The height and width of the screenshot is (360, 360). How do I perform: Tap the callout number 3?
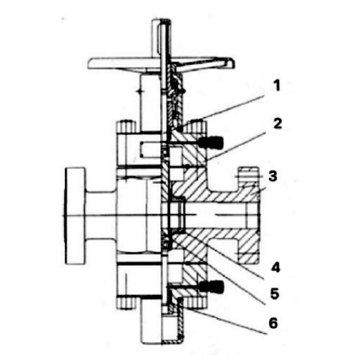click(x=272, y=176)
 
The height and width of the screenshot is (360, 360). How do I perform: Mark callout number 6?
click(x=273, y=323)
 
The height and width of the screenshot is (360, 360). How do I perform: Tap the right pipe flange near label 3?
click(x=247, y=211)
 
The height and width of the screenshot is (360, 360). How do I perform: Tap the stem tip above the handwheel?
click(x=159, y=30)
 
